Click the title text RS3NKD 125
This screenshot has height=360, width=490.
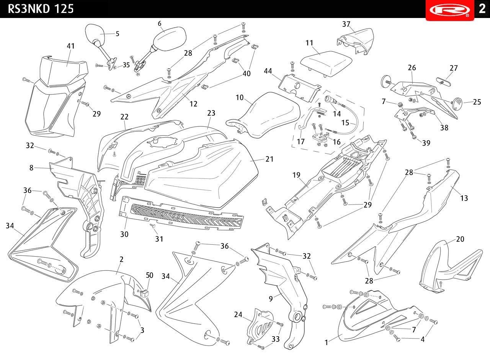pos(41,9)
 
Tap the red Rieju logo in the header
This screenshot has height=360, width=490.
pos(449,10)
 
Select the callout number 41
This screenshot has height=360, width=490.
pos(71,46)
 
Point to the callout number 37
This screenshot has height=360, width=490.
pos(346,24)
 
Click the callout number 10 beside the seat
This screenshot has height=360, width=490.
pos(240,98)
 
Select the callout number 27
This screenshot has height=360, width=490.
pos(454,68)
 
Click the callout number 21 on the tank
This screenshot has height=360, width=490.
pos(269,159)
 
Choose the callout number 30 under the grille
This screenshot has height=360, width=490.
pos(124,234)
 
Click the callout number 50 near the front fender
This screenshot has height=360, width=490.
pos(150,275)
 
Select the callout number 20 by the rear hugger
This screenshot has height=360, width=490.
pos(460,239)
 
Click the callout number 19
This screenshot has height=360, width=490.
pos(296,175)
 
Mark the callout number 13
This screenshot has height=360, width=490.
pos(464,198)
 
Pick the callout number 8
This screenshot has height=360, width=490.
pos(31,168)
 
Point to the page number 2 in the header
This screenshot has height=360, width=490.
pos(482,9)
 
